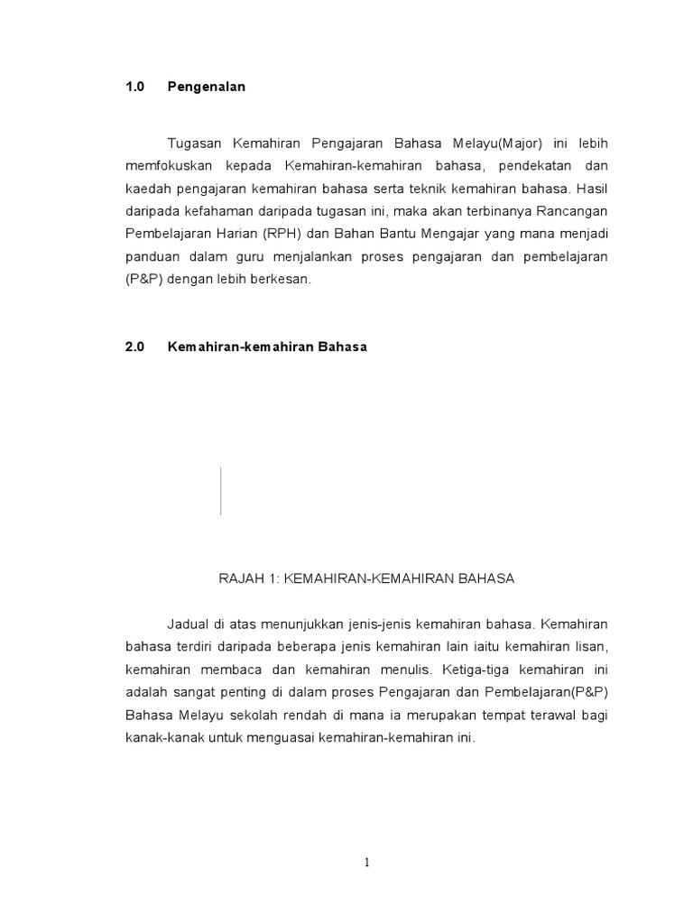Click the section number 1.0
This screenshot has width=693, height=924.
pyautogui.click(x=135, y=88)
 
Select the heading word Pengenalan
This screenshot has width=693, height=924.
pyautogui.click(x=207, y=88)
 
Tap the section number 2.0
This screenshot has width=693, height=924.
pyautogui.click(x=135, y=346)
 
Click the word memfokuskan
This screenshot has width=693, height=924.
pyautogui.click(x=168, y=167)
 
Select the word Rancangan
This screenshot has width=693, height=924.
pyautogui.click(x=570, y=212)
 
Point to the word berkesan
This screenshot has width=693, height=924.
pyautogui.click(x=281, y=280)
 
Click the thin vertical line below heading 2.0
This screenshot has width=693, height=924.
pyautogui.click(x=220, y=491)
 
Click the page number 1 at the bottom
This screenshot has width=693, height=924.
pyautogui.click(x=367, y=863)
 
